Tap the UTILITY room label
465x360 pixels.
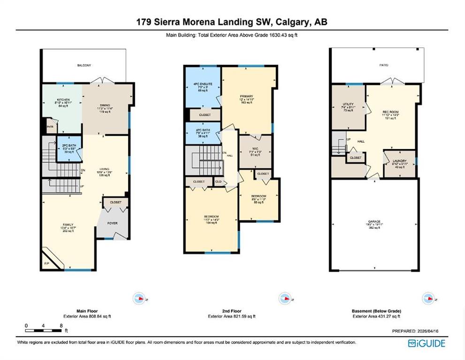pyautogui.click(x=348, y=104)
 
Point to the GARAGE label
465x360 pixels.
pyautogui.click(x=374, y=221)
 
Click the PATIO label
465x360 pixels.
pyautogui.click(x=383, y=65)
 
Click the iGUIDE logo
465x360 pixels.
pyautogui.click(x=427, y=343)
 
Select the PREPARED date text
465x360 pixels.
pyautogui.click(x=418, y=331)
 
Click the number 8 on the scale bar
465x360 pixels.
pyautogui.click(x=61, y=325)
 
